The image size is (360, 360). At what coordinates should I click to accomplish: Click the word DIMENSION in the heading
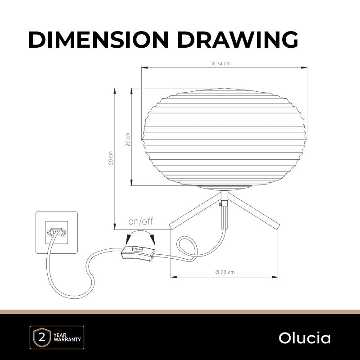tap(99, 40)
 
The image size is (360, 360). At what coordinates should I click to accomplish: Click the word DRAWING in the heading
tap(238, 40)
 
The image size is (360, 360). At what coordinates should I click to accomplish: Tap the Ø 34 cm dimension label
tap(221, 63)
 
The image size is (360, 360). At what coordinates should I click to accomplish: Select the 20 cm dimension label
tap(128, 139)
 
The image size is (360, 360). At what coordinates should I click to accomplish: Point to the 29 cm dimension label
tap(111, 158)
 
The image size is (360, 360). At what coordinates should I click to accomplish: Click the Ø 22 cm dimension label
tap(225, 272)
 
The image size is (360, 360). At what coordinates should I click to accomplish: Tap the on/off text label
tap(141, 221)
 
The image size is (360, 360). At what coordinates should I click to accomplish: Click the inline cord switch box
tap(138, 253)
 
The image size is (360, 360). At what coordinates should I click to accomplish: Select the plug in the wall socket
tap(57, 233)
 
